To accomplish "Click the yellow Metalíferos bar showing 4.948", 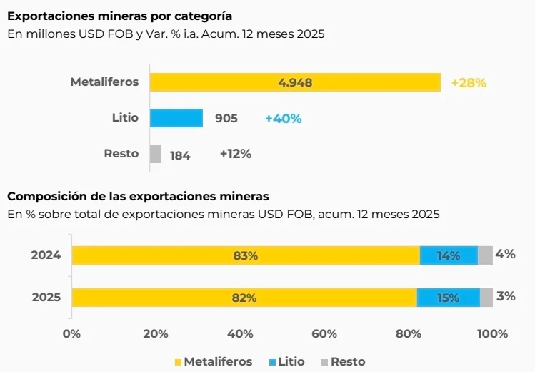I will (294, 82).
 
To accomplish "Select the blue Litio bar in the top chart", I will (176, 118).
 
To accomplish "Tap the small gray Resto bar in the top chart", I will (155, 154).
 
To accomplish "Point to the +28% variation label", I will (469, 83).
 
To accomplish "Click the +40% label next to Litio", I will (282, 119).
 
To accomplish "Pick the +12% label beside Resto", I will (235, 154).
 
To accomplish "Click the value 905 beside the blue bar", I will (226, 119).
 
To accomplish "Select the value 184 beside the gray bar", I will (180, 155).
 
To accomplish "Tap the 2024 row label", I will (46, 255).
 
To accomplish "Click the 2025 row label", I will (46, 298).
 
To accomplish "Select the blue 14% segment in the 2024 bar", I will (449, 255).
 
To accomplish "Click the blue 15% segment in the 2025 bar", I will (448, 298).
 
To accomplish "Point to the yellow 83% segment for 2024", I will (245, 255).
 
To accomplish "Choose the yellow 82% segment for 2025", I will (244, 298).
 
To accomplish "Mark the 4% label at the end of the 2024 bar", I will (505, 254).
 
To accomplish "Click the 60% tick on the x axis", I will (324, 334).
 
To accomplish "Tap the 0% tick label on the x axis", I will (71, 334).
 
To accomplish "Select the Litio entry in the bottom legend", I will (286, 361).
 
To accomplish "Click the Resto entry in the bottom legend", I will (342, 361).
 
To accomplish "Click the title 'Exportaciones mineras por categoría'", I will (119, 16).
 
